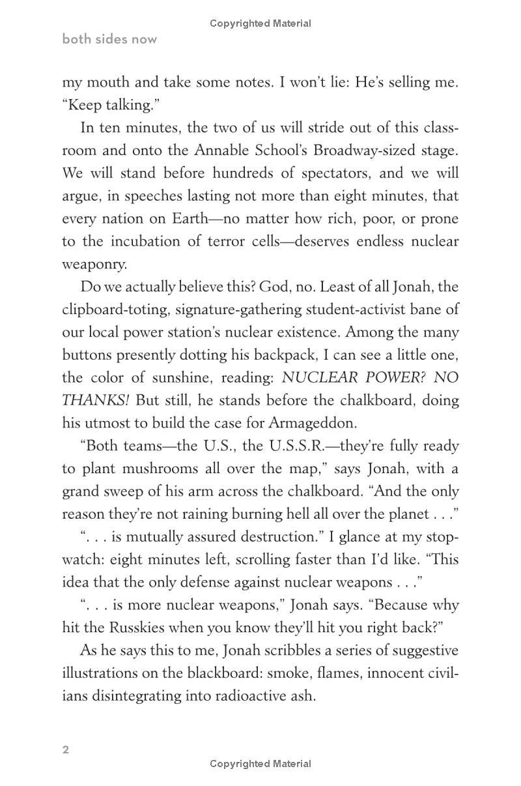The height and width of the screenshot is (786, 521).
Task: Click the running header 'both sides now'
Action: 109,39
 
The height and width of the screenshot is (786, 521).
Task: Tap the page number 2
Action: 66,750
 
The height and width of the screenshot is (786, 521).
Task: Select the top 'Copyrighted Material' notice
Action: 260,23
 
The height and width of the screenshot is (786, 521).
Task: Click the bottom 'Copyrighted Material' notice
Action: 260,764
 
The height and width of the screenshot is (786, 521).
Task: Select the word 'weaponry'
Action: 94,264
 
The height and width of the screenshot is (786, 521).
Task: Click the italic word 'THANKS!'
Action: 96,400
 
